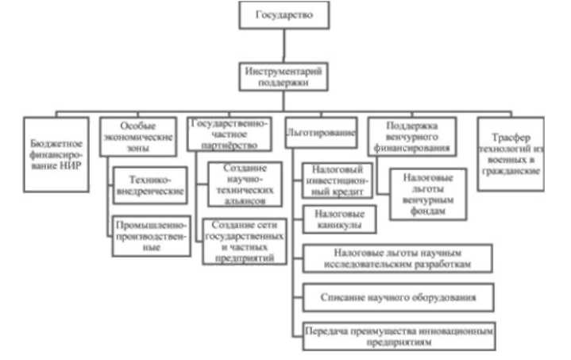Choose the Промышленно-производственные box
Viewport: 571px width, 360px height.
[152, 236]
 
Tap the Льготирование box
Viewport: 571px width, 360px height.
[322, 134]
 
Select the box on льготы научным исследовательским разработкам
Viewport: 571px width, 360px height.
[396, 257]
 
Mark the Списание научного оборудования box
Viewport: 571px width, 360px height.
[396, 297]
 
